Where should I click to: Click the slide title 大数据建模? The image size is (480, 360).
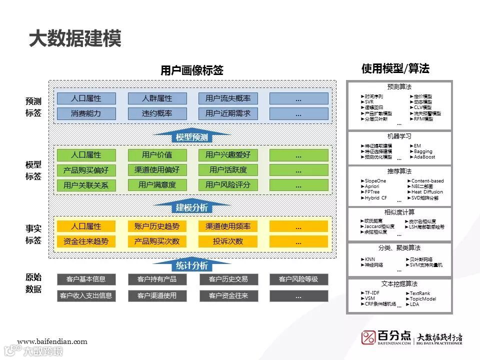pos(75,39)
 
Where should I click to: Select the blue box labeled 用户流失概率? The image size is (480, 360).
pos(228,98)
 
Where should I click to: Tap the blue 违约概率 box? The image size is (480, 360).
pos(157,113)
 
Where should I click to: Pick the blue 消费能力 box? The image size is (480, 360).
pos(86,113)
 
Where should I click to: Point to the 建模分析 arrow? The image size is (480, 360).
pos(191,207)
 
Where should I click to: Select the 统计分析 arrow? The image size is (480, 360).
pos(191,265)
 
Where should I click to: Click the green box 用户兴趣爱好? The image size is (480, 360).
pos(228,155)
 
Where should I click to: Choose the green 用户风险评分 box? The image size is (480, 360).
pos(228,185)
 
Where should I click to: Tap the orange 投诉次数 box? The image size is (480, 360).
pos(228,241)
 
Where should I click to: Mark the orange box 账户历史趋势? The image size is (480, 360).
pos(157,226)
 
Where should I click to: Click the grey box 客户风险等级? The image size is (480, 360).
pos(298,279)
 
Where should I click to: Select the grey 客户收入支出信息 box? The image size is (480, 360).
pos(86,295)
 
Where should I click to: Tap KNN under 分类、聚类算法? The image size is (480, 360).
pos(369,259)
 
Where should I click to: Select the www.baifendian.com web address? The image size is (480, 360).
pos(52,342)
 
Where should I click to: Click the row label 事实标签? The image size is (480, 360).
pos(33,234)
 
